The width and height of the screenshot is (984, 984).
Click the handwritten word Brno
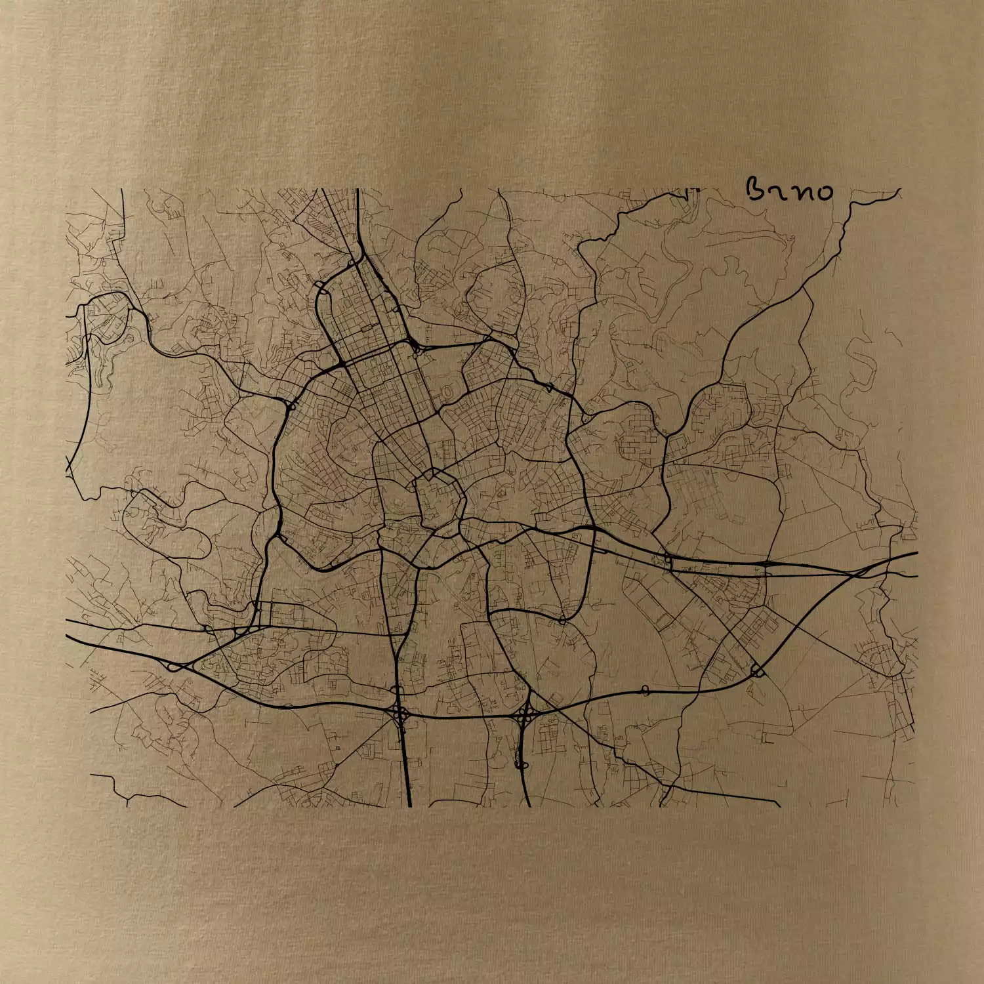pyautogui.click(x=790, y=190)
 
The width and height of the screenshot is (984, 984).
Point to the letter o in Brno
pyautogui.click(x=823, y=192)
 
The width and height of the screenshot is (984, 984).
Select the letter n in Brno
pyautogui.click(x=800, y=192)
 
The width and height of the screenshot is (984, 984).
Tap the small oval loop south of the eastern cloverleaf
pyautogui.click(x=521, y=764)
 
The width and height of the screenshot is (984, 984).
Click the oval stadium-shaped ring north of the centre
pyautogui.click(x=447, y=392)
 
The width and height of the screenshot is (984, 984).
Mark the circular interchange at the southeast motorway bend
pyautogui.click(x=757, y=670)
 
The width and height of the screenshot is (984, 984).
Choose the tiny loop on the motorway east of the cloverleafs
pyautogui.click(x=645, y=689)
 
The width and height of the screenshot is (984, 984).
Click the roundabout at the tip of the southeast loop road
pyautogui.click(x=562, y=619)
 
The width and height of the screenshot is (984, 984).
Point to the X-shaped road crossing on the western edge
pyautogui.click(x=70, y=467)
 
